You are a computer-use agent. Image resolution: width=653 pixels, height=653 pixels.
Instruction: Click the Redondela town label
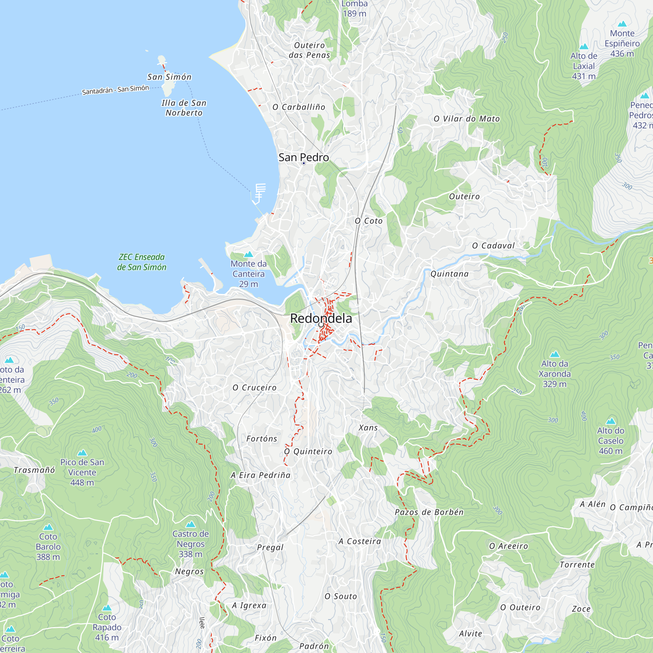pos(321,318)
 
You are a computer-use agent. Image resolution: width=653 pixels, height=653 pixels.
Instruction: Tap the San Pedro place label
pos(304,157)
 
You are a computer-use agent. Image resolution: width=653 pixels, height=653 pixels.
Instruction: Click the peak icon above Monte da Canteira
pos(248,254)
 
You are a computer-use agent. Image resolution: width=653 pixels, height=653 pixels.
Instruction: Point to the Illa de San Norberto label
pos(184,108)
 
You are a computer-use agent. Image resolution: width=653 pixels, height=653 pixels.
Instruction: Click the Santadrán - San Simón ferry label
pos(115,90)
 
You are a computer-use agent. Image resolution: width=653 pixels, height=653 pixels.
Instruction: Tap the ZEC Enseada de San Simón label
pos(142,262)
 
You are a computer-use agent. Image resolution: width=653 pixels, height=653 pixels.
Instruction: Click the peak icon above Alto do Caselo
pos(611,421)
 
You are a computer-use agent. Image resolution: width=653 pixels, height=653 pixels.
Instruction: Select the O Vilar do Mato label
pos(467,119)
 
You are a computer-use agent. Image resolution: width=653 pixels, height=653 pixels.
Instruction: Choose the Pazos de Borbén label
pos(429,512)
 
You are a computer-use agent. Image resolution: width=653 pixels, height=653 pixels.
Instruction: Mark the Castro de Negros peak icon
pos(190,524)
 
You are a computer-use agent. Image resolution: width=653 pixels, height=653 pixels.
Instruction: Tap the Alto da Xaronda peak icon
pos(555,354)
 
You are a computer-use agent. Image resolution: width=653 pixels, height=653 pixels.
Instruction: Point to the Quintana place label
pos(449,274)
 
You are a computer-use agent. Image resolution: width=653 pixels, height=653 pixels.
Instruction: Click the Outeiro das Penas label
pos(309,50)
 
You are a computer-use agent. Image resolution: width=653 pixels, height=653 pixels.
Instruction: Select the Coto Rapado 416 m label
pos(107,627)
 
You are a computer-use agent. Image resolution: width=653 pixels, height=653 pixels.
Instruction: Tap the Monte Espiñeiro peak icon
pos(622,24)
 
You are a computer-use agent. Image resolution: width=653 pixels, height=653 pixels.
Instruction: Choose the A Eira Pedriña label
pos(260,475)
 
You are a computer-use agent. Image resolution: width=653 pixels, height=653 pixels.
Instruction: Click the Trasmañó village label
pos(34,470)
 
